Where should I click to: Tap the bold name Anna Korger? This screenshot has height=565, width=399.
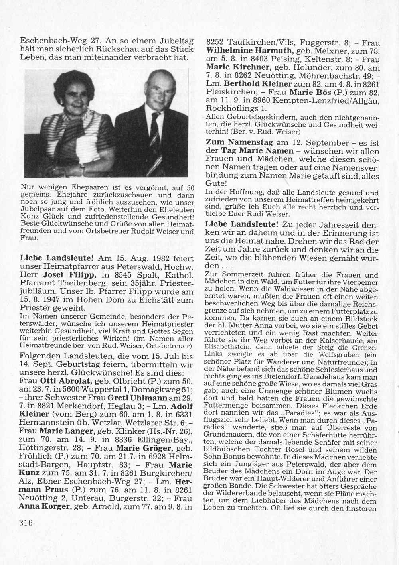pos(42,507)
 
